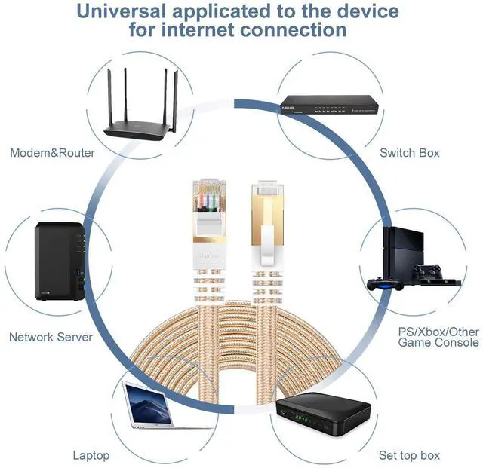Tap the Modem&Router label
pyautogui.click(x=52, y=153)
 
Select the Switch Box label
pyautogui.click(x=409, y=153)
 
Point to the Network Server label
pyautogui.click(x=51, y=337)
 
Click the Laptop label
pyautogui.click(x=91, y=455)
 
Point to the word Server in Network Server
pyautogui.click(x=75, y=337)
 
